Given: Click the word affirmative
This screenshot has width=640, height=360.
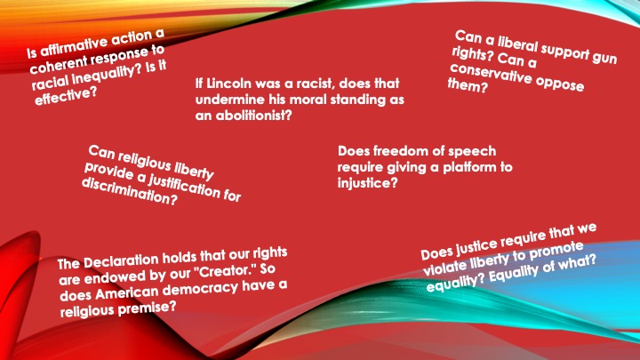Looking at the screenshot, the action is pyautogui.click(x=74, y=46).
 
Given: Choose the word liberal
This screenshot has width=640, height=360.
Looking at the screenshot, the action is pyautogui.click(x=517, y=44).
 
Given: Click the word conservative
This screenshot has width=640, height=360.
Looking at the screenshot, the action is pyautogui.click(x=490, y=74).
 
